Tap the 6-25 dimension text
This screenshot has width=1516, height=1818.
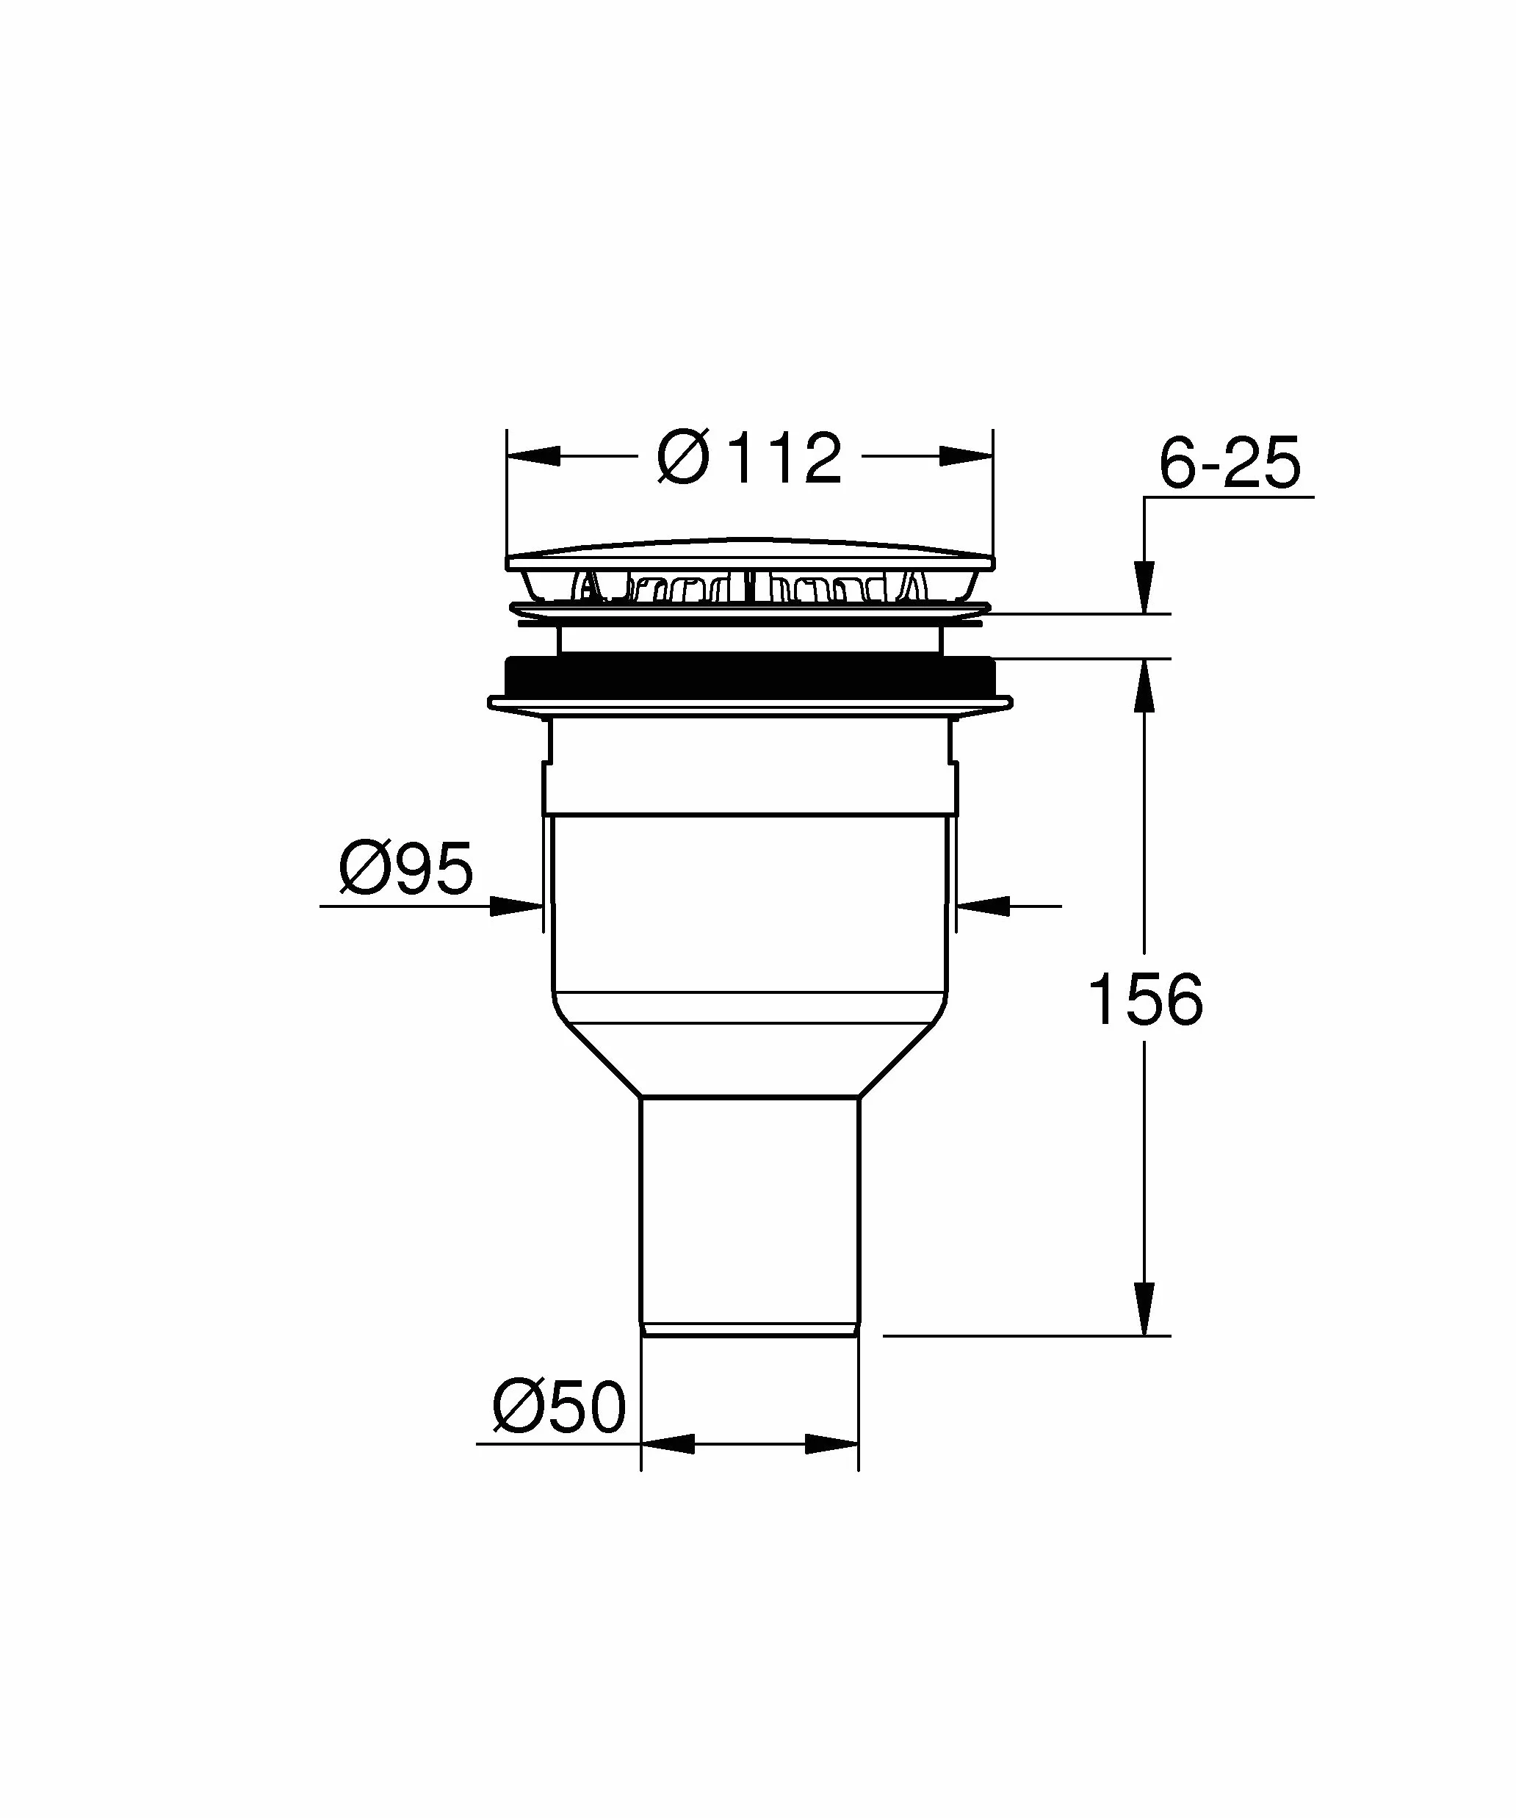coord(1230,463)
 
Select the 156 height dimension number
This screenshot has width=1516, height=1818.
coord(1144,999)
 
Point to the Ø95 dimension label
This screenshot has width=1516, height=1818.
coord(406,867)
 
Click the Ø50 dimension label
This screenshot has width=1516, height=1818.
coord(558,1407)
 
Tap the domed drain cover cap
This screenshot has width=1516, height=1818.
coord(749,555)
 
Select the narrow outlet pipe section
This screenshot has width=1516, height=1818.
coord(750,1220)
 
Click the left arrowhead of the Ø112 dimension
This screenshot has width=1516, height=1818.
coord(533,456)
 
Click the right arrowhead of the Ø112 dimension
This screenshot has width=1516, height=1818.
coord(966,456)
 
